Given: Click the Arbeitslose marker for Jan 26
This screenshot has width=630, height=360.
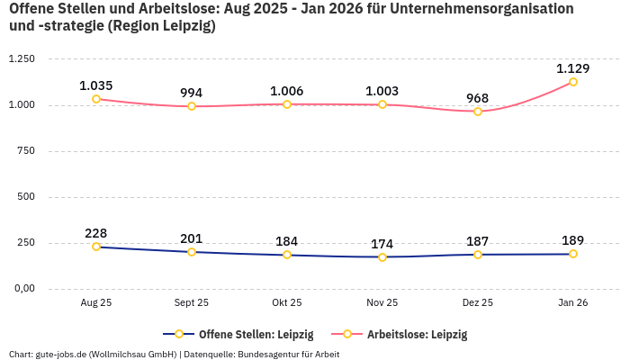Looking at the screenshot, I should point(573,82).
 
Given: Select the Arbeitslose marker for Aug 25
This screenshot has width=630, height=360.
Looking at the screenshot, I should point(96,99).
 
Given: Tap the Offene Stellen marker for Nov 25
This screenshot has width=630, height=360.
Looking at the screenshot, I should point(382,257).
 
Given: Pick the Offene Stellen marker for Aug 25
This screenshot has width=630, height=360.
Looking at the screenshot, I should point(96,247).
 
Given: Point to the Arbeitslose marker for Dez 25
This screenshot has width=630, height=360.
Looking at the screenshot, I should point(478,112).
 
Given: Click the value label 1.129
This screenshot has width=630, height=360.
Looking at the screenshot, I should point(573,68).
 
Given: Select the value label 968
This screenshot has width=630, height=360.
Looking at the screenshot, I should point(478,98).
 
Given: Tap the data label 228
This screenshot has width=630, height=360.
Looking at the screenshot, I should point(96,233).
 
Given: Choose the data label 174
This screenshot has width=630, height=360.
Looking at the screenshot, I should point(382,244).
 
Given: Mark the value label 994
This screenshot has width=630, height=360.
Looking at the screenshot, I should point(192,93).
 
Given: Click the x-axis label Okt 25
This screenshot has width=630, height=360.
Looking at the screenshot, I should point(287,303).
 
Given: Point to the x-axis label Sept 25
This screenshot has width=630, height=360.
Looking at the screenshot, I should point(192,303).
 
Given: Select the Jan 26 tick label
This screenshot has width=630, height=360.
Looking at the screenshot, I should point(573,303).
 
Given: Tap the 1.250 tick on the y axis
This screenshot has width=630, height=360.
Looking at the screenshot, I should point(21,58).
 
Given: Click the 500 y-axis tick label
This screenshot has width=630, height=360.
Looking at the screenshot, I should point(25,196).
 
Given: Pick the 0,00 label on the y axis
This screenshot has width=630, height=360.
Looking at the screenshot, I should point(22,289).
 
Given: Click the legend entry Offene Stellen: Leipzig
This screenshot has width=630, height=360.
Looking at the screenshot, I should point(256,334).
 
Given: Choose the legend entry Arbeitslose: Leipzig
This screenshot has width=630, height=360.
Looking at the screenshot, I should point(417,334).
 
